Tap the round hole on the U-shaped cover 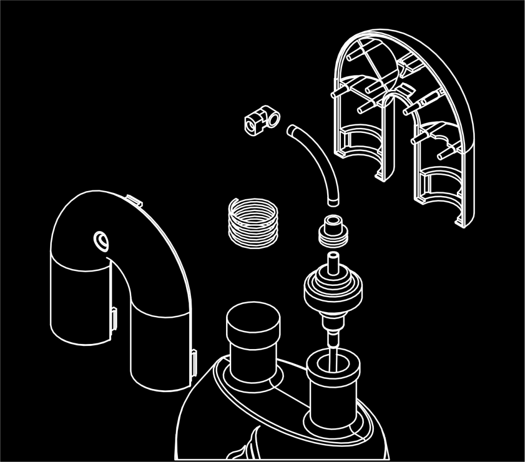pyautogui.click(x=100, y=240)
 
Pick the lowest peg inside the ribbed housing pyautogui.click(x=444, y=155)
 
